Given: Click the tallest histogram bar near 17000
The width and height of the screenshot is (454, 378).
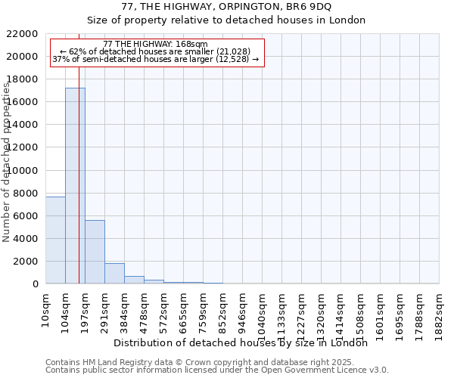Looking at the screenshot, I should click(x=75, y=185).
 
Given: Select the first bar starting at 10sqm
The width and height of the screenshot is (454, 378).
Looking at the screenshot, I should click(x=55, y=240).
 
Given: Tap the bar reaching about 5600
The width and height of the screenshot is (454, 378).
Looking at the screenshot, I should click(x=95, y=252).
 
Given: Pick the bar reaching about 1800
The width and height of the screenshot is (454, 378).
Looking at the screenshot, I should click(x=114, y=273).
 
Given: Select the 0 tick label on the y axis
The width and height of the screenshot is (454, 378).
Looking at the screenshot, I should click(x=35, y=283).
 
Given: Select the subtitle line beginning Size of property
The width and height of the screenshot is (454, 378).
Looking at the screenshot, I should click(x=226, y=20).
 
